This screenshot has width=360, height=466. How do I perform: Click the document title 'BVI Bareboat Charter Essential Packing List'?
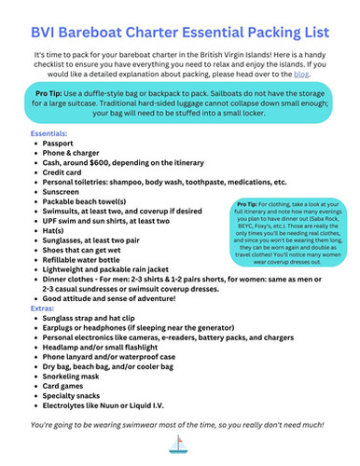(x=179, y=21)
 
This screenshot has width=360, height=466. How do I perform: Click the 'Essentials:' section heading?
(x=48, y=134)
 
